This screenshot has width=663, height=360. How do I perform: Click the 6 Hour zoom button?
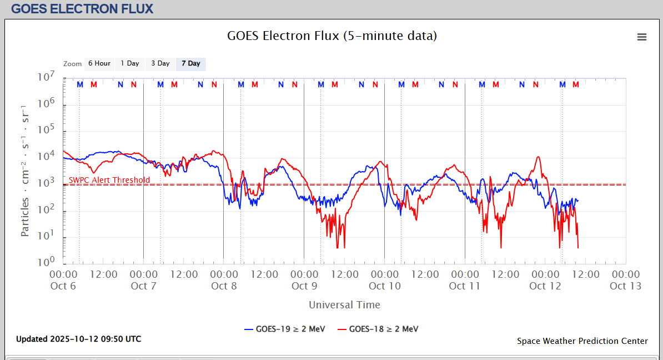point(99,63)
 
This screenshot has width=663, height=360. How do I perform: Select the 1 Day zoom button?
point(130,63)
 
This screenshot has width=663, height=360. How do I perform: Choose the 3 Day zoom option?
point(160,63)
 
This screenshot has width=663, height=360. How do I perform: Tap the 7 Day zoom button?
point(191,63)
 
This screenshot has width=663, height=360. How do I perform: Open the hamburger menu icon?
point(642,37)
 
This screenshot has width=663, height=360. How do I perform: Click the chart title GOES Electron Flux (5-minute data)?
point(332,36)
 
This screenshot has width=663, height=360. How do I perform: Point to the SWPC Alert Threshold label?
point(109,180)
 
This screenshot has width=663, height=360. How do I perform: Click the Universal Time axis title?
point(344,304)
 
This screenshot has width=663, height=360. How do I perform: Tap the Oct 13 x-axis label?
point(626,286)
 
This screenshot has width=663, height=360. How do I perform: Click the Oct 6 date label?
point(63,286)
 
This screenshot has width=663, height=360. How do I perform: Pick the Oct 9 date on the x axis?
point(304,286)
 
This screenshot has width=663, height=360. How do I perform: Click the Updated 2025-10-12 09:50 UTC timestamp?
point(78,339)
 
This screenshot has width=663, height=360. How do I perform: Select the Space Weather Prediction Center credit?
point(582,341)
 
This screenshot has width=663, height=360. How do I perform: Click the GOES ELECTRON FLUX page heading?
point(82,9)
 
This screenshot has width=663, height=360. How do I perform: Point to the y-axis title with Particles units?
point(26,169)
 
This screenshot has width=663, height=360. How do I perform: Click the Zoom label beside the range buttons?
point(72,64)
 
